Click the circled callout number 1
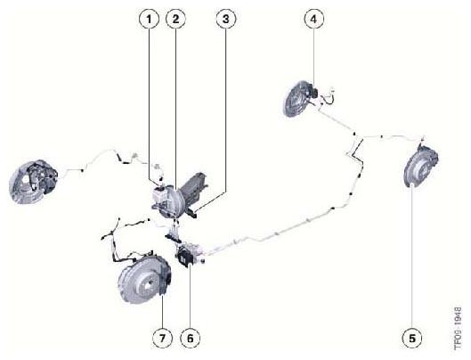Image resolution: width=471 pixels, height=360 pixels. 149,19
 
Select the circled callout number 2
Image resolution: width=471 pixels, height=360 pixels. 175,19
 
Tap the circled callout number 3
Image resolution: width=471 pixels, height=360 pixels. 226,19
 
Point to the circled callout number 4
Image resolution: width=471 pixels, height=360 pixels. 314,19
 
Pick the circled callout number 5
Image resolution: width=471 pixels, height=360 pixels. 412,339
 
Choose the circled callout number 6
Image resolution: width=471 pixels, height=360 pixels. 191,339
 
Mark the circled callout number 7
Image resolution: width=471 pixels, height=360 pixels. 162,339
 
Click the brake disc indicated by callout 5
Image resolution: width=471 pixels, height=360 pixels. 420,166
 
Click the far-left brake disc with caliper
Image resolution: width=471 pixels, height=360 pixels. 32,182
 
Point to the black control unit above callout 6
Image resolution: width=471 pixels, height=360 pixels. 184,256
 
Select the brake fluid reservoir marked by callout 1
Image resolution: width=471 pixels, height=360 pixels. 159,194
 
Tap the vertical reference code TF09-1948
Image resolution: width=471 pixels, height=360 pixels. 458,329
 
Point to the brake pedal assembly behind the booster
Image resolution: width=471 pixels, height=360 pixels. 194,190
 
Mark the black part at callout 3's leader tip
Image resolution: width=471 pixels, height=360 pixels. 193,213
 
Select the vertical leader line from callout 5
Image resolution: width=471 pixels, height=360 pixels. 412,258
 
